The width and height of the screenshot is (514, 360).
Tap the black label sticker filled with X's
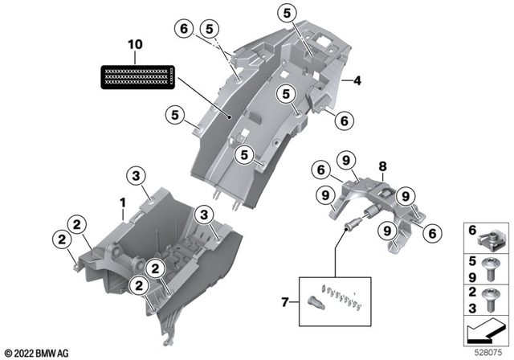coord(137,76)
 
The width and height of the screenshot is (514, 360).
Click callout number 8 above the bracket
coord(383,166)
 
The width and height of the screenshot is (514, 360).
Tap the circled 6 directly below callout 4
coord(343,121)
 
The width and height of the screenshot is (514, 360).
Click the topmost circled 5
coord(287,12)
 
